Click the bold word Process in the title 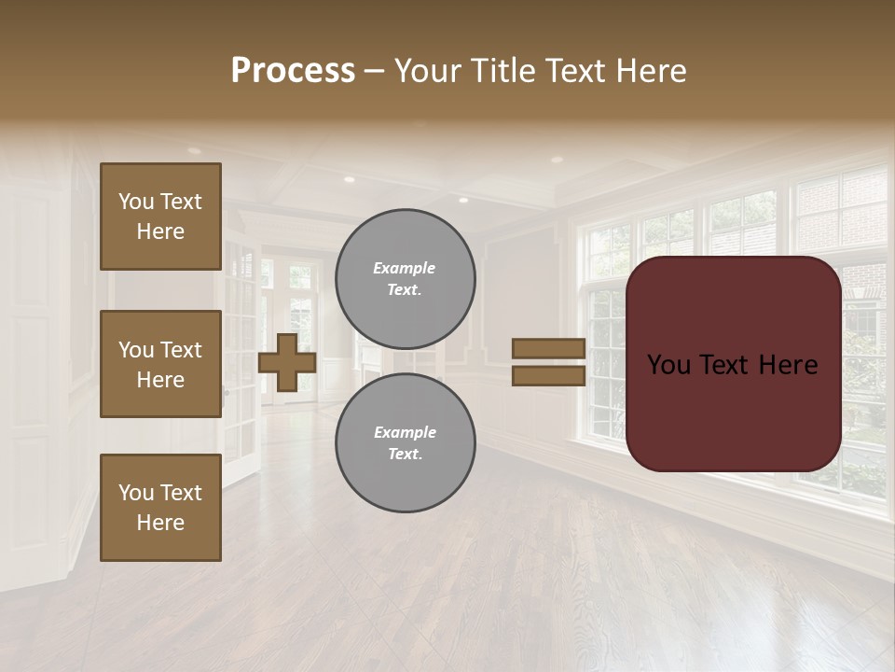[x=293, y=71]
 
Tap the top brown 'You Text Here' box [x=160, y=217]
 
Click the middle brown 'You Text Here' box [x=160, y=364]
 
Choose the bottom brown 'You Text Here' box [x=160, y=508]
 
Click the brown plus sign [x=287, y=363]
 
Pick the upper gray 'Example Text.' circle [x=405, y=278]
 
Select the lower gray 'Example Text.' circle [x=405, y=442]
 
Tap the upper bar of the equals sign [x=549, y=349]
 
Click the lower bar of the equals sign [x=549, y=376]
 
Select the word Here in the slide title [x=653, y=71]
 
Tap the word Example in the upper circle [x=405, y=268]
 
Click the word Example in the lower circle [x=405, y=432]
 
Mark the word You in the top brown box [x=136, y=202]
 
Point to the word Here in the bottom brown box [x=160, y=523]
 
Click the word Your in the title [x=429, y=71]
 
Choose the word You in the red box [x=670, y=365]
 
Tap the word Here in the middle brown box [x=160, y=380]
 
